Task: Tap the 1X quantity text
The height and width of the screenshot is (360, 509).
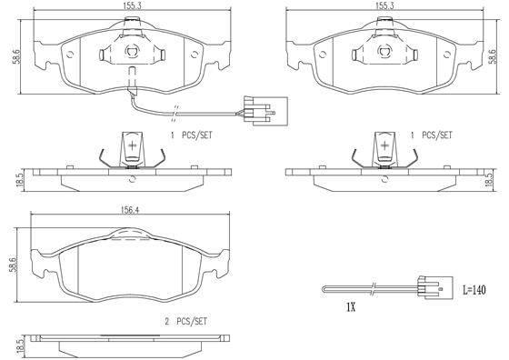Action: coord(350,306)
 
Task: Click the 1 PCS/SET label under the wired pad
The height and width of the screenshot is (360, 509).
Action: coord(190,134)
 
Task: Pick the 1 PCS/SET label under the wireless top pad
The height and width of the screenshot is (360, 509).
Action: coord(432,134)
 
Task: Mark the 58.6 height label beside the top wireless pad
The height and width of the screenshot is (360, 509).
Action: coord(494,56)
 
